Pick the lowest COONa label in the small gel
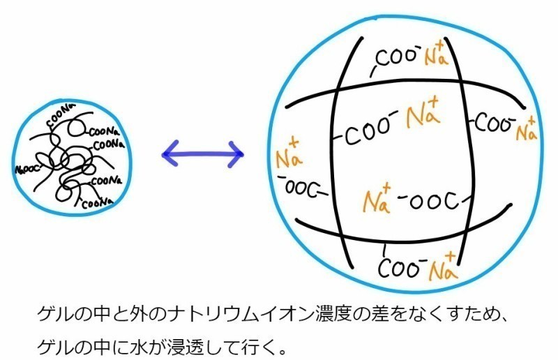click(x=96, y=204)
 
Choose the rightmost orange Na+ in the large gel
click(x=528, y=128)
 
